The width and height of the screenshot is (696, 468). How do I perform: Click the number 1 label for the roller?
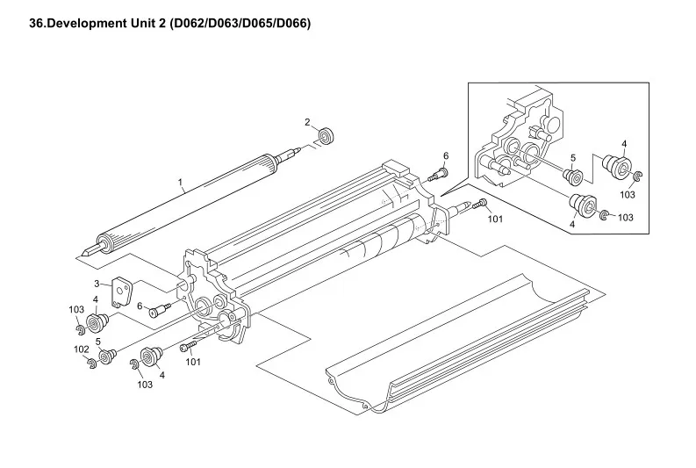tap(180, 184)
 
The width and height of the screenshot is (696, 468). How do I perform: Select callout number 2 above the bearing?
tap(307, 122)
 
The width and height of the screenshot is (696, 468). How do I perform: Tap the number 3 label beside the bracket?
tap(97, 283)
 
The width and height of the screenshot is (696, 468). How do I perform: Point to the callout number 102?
tap(82, 349)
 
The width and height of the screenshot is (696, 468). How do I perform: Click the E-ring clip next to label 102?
tap(91, 364)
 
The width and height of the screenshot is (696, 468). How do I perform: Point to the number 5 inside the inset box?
tap(572, 158)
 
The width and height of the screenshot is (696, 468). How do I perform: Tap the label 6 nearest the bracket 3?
tap(139, 305)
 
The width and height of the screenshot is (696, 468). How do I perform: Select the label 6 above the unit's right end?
tap(445, 156)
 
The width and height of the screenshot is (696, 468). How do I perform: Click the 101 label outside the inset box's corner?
tap(495, 219)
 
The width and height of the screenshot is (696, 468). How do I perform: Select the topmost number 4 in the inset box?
tap(624, 143)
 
